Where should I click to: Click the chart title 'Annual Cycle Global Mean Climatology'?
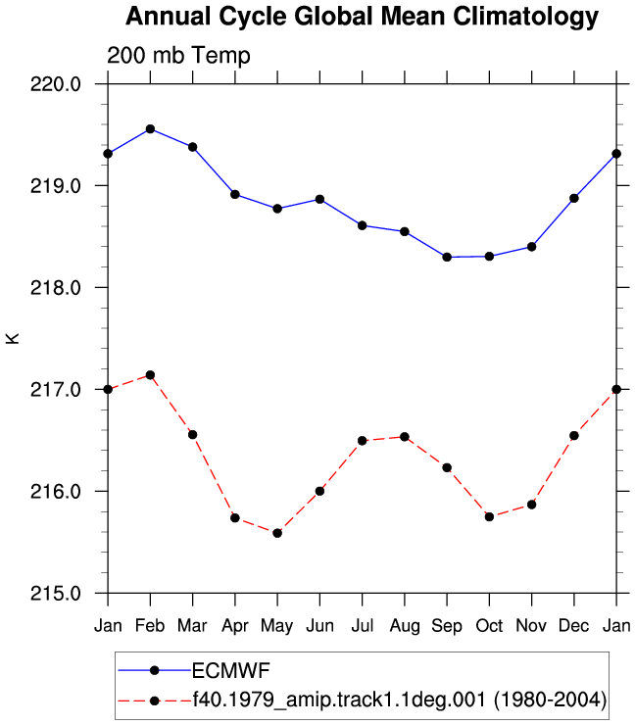pos(363,18)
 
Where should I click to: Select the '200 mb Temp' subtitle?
pos(178,56)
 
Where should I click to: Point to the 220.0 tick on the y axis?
pos(56,84)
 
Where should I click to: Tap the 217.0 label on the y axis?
pos(56,389)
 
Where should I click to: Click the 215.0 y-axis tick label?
pos(56,593)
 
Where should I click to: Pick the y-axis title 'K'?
pos(13,338)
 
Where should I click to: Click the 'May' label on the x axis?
pos(277,626)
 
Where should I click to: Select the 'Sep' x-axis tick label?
pos(447,626)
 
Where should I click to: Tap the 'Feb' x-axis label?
pos(150,626)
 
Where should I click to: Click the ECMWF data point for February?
pos(150,129)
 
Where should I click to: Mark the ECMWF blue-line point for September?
pos(447,257)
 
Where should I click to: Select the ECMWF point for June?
pos(319,199)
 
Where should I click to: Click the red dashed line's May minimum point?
pos(277,533)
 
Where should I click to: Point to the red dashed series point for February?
pos(150,375)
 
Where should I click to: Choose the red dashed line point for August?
pos(405,437)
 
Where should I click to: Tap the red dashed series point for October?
pos(489,516)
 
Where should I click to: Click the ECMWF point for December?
pos(574,198)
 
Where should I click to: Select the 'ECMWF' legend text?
pos(231,670)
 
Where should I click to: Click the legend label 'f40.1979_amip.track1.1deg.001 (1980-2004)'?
pos(400,701)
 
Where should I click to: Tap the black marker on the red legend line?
pos(155,701)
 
